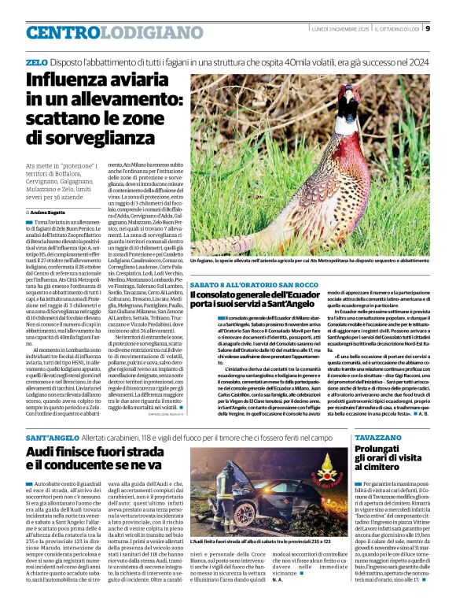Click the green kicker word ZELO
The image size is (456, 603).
[x=36, y=61]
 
